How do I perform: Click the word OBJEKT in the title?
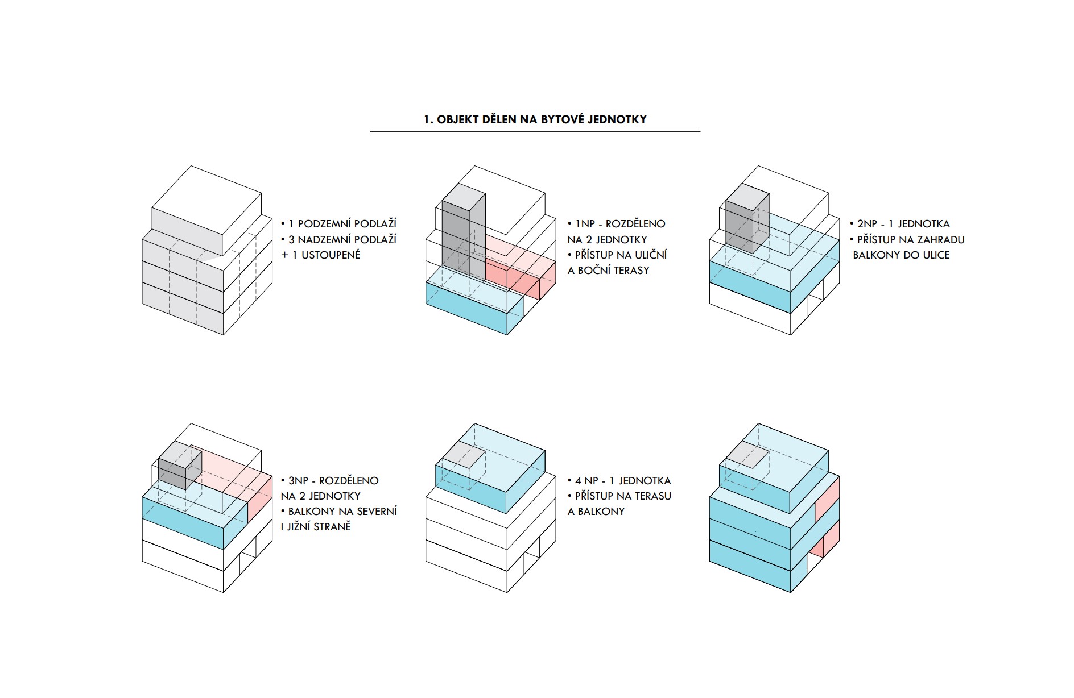tap(458, 119)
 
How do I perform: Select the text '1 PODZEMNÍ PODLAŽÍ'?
tap(342, 224)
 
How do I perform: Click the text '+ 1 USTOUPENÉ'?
tap(321, 255)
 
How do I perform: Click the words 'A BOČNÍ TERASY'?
tap(608, 271)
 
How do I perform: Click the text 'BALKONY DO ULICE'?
tap(901, 255)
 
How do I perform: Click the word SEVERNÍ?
tap(377, 512)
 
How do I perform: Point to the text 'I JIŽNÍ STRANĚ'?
tap(316, 527)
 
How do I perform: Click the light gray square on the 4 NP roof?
tap(464, 455)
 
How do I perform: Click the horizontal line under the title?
tap(535, 132)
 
